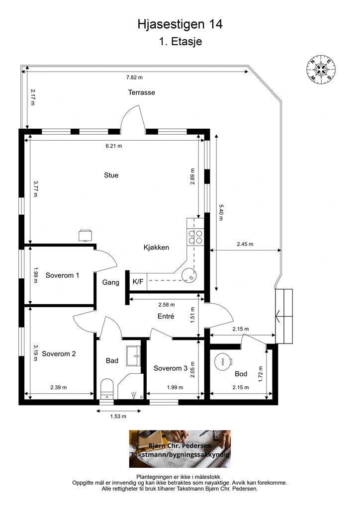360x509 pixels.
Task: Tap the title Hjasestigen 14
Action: [x=180, y=24]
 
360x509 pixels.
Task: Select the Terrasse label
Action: [x=142, y=92]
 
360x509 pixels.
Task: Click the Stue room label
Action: [x=111, y=175]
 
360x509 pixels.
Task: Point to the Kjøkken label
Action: [x=156, y=248]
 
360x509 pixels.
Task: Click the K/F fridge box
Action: [x=138, y=281]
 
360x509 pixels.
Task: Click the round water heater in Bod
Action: [x=223, y=360]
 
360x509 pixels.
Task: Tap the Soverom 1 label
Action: [x=62, y=275]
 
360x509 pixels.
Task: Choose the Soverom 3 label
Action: [x=171, y=368]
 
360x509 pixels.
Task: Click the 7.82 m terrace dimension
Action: [x=134, y=77]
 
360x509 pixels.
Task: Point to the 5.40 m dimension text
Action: [x=221, y=212]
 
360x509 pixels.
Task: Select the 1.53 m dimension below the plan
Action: [x=118, y=416]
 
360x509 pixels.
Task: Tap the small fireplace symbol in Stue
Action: [x=85, y=235]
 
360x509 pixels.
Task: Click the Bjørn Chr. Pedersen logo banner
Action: [x=180, y=449]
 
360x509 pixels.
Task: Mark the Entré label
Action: [x=166, y=316]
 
